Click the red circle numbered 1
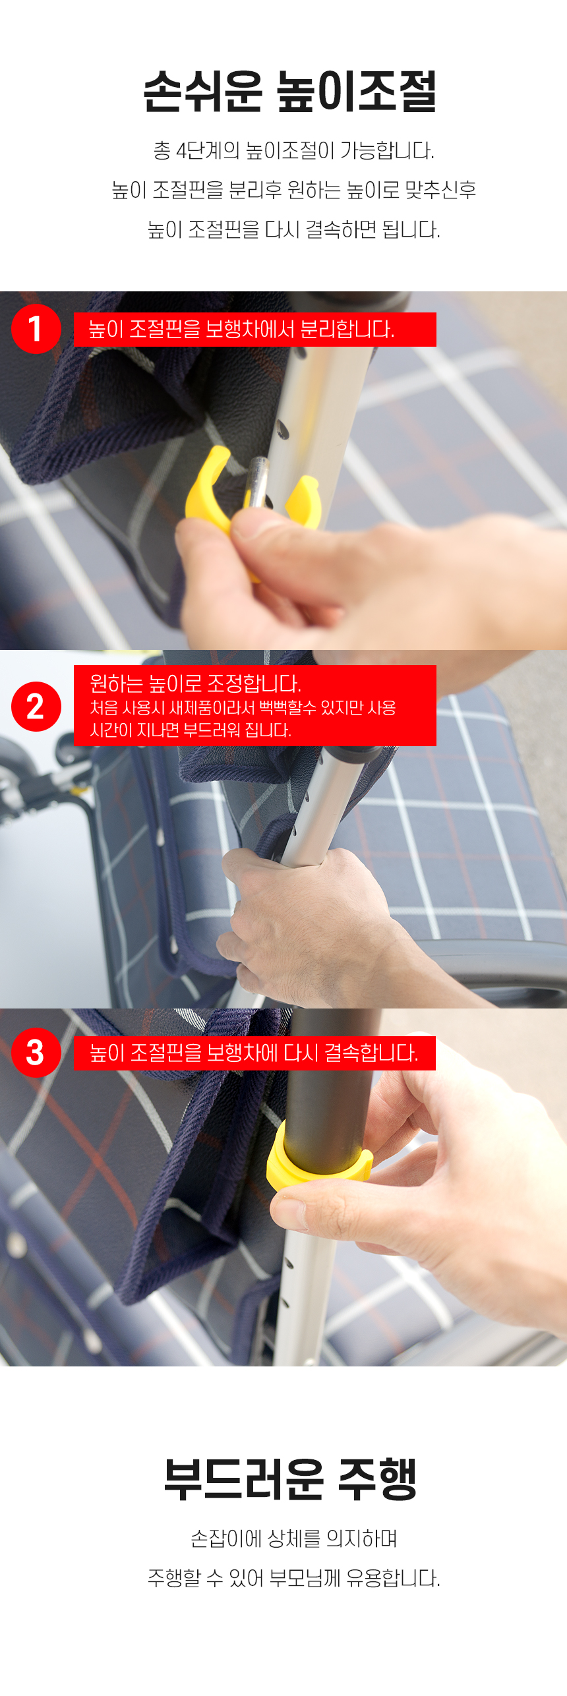point(36,329)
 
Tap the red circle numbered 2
point(36,707)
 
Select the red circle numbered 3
point(36,1053)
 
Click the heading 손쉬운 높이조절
point(289,91)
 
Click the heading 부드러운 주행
point(290,1479)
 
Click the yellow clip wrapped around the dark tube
point(318,1157)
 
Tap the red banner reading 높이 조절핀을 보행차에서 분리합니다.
point(254,330)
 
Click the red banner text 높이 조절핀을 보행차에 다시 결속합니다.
point(254,1053)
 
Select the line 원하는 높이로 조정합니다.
point(195,684)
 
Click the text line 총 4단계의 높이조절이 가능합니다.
point(293,151)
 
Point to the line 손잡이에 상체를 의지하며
point(293,1538)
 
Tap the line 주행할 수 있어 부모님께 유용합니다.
point(293,1578)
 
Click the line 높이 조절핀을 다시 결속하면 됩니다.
point(293,230)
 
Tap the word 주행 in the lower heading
point(377,1479)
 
